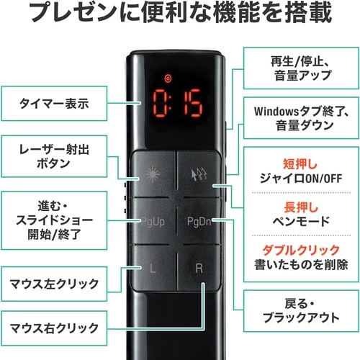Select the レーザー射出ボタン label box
54,155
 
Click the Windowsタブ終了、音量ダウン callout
294,119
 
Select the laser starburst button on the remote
153,174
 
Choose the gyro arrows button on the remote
199,174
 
